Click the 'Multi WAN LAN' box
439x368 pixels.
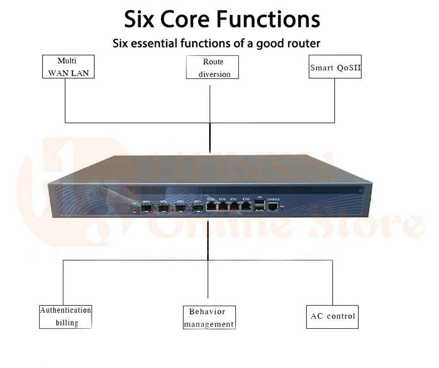click(68, 66)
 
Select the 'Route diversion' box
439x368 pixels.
click(213, 67)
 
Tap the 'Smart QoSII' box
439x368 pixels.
click(335, 67)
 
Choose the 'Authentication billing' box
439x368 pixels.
click(66, 316)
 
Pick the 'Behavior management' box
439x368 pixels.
click(209, 318)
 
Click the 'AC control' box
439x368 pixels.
click(332, 316)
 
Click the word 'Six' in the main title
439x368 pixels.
click(138, 19)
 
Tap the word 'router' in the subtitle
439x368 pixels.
click(302, 44)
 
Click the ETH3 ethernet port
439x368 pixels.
click(212, 207)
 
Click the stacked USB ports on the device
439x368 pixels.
click(259, 206)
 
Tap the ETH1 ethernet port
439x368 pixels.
click(234, 207)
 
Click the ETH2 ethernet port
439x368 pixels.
click(223, 207)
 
